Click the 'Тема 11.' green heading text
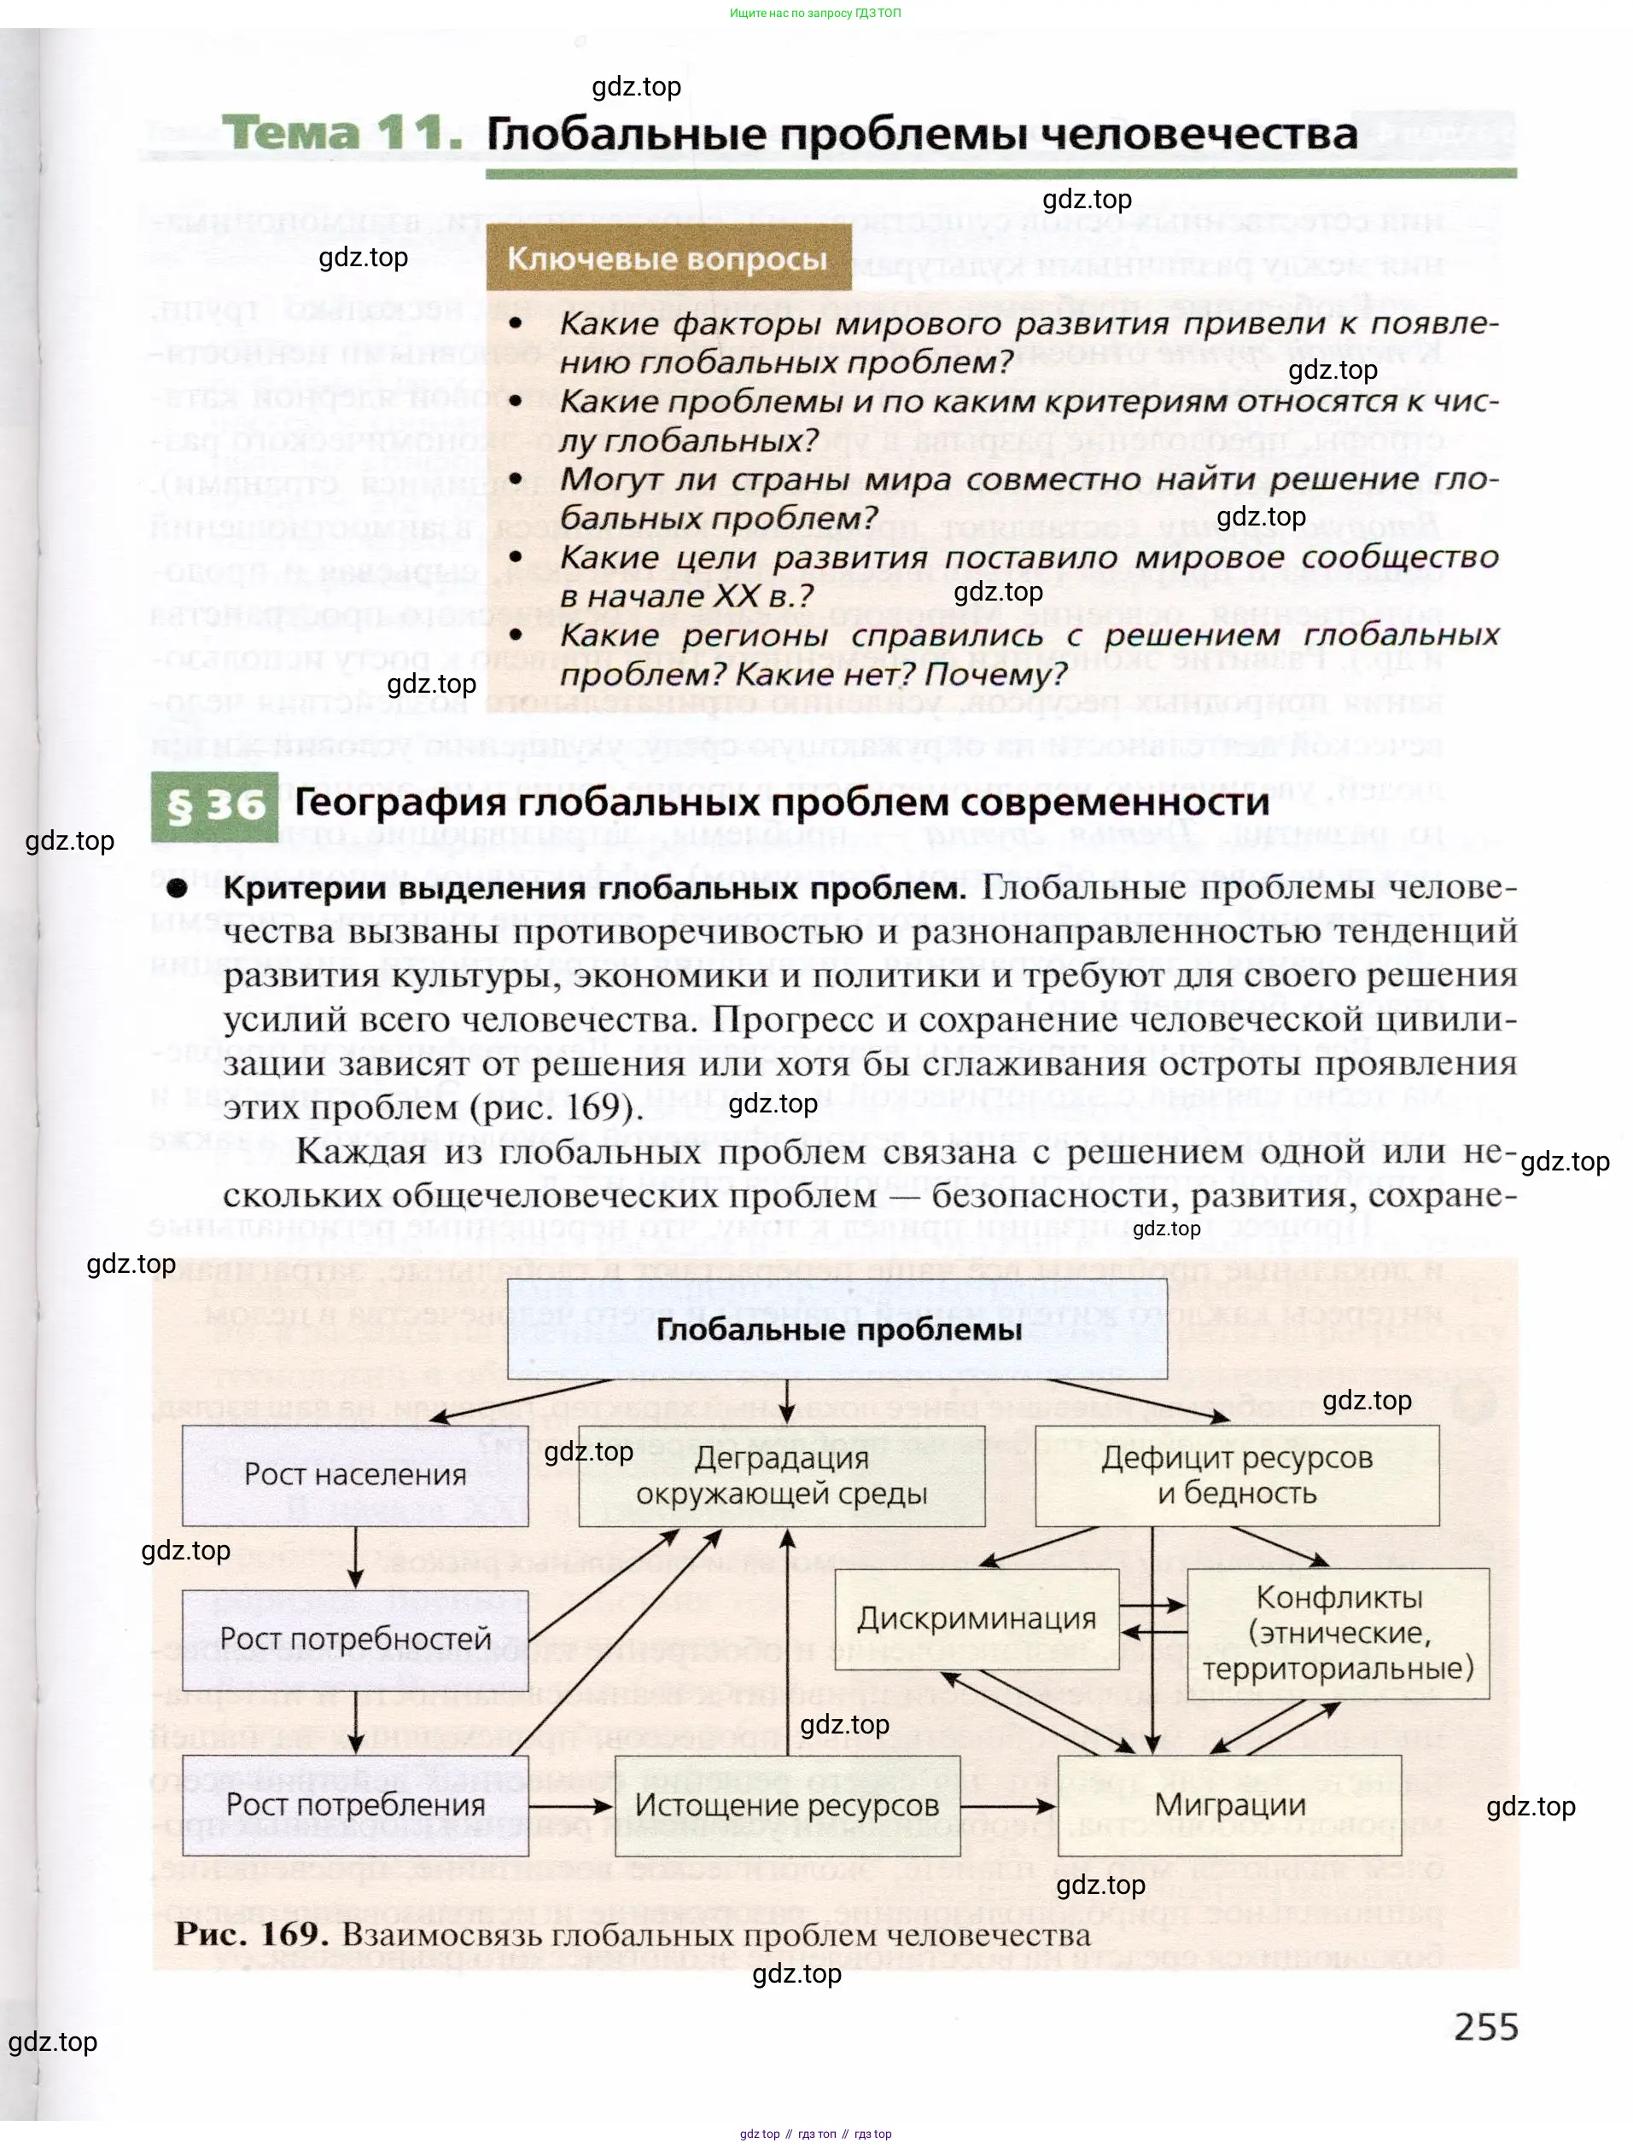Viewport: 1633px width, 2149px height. tap(341, 133)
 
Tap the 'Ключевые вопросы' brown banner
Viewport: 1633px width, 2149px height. tap(668, 258)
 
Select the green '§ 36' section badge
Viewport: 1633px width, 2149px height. tap(215, 805)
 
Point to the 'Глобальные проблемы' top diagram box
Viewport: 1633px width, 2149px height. tap(838, 1329)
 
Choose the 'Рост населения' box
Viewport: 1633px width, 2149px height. tap(356, 1475)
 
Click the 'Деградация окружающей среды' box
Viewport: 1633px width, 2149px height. tap(782, 1476)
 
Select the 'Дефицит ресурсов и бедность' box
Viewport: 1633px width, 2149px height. tap(1236, 1476)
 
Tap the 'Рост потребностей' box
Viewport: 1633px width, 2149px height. tap(356, 1640)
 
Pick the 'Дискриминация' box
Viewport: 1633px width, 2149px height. tap(976, 1618)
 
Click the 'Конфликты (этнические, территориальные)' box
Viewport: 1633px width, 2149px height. tap(1338, 1633)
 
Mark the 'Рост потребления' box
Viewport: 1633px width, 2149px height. tap(356, 1805)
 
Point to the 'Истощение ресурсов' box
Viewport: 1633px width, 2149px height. tap(787, 1805)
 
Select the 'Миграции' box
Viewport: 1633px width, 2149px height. tap(1229, 1805)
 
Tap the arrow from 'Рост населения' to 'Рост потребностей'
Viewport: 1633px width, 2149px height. tap(356, 1557)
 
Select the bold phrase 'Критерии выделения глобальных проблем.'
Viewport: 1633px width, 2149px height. tap(594, 888)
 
